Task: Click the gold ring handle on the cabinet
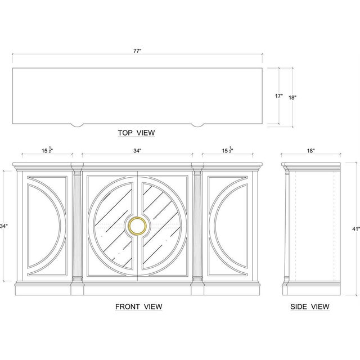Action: point(137,226)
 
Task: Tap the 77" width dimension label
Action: point(137,51)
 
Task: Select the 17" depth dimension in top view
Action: point(279,96)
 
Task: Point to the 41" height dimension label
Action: point(356,229)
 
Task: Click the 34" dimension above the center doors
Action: point(137,151)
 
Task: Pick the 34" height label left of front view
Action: point(4,226)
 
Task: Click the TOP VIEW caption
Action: point(136,133)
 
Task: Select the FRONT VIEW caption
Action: point(139,307)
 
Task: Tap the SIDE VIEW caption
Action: point(310,307)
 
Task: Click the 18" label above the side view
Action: point(310,151)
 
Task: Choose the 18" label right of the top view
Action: point(292,97)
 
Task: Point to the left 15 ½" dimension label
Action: point(47,150)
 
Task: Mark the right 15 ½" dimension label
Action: point(227,150)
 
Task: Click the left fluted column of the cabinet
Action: point(77,227)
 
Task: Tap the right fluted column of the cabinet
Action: point(197,227)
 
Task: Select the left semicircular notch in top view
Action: point(77,125)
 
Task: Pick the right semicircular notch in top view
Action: point(197,125)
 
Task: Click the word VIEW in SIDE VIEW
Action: point(320,307)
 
